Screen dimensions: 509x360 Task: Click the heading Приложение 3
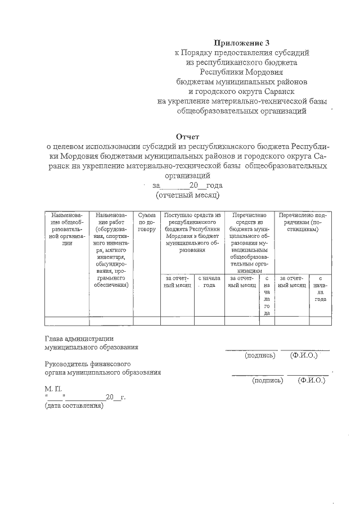[242, 42]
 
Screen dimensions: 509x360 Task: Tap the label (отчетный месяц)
[187, 195]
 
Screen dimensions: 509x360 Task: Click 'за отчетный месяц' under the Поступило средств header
[178, 281]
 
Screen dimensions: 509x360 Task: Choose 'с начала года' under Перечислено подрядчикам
[320, 288]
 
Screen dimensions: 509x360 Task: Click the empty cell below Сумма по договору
[147, 321]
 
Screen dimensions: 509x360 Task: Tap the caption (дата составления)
[74, 406]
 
